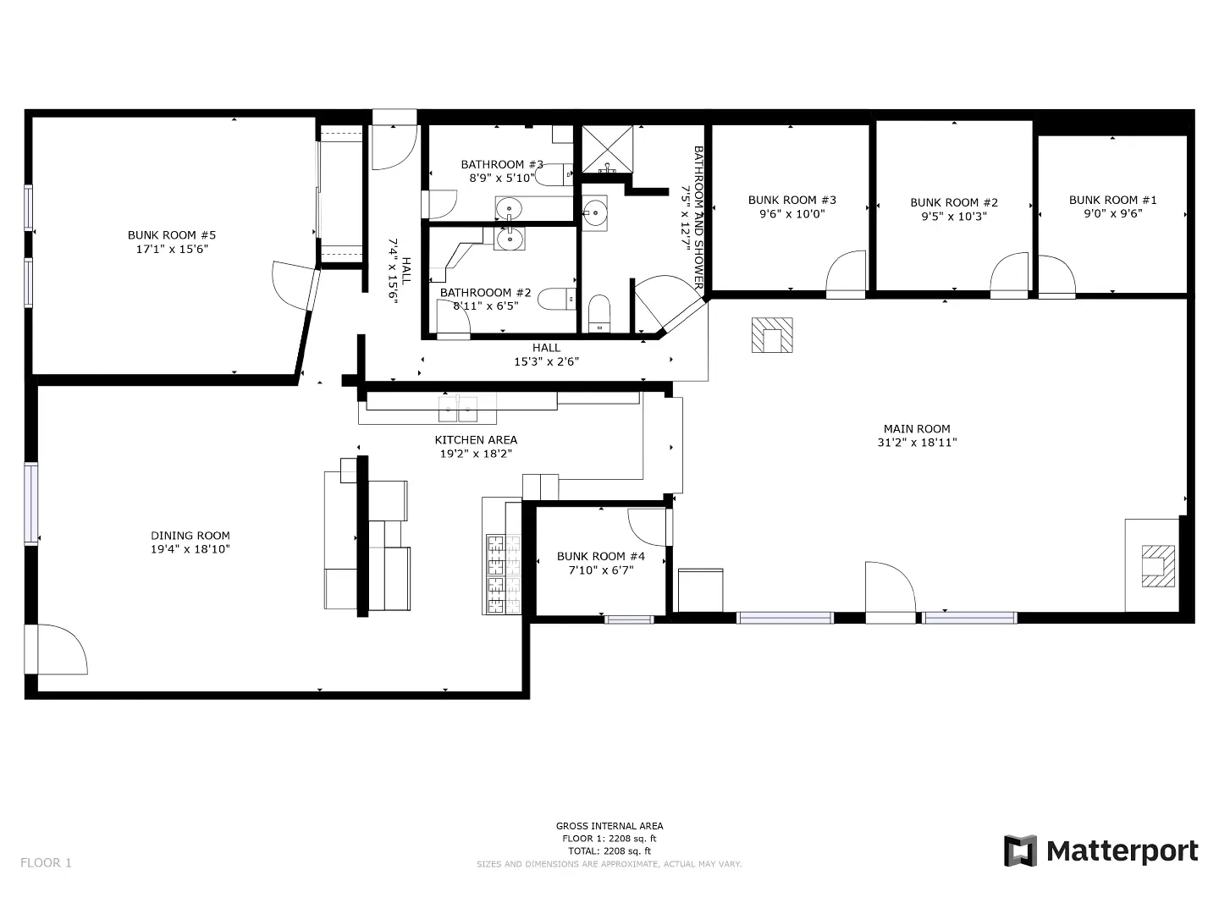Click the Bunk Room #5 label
point(172,235)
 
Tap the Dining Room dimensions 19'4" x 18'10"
point(190,549)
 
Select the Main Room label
point(916,429)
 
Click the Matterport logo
point(1100,851)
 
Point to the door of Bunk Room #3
point(845,272)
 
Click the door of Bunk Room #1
point(1056,276)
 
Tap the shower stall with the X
point(607,149)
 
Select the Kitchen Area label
point(476,440)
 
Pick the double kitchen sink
point(458,410)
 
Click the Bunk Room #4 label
point(601,556)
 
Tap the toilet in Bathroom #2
point(556,299)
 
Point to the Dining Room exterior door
point(56,649)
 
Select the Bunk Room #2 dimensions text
point(954,217)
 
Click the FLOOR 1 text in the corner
point(46,863)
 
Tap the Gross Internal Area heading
point(609,826)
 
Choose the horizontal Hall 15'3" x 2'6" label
point(547,355)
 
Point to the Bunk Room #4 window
point(629,619)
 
